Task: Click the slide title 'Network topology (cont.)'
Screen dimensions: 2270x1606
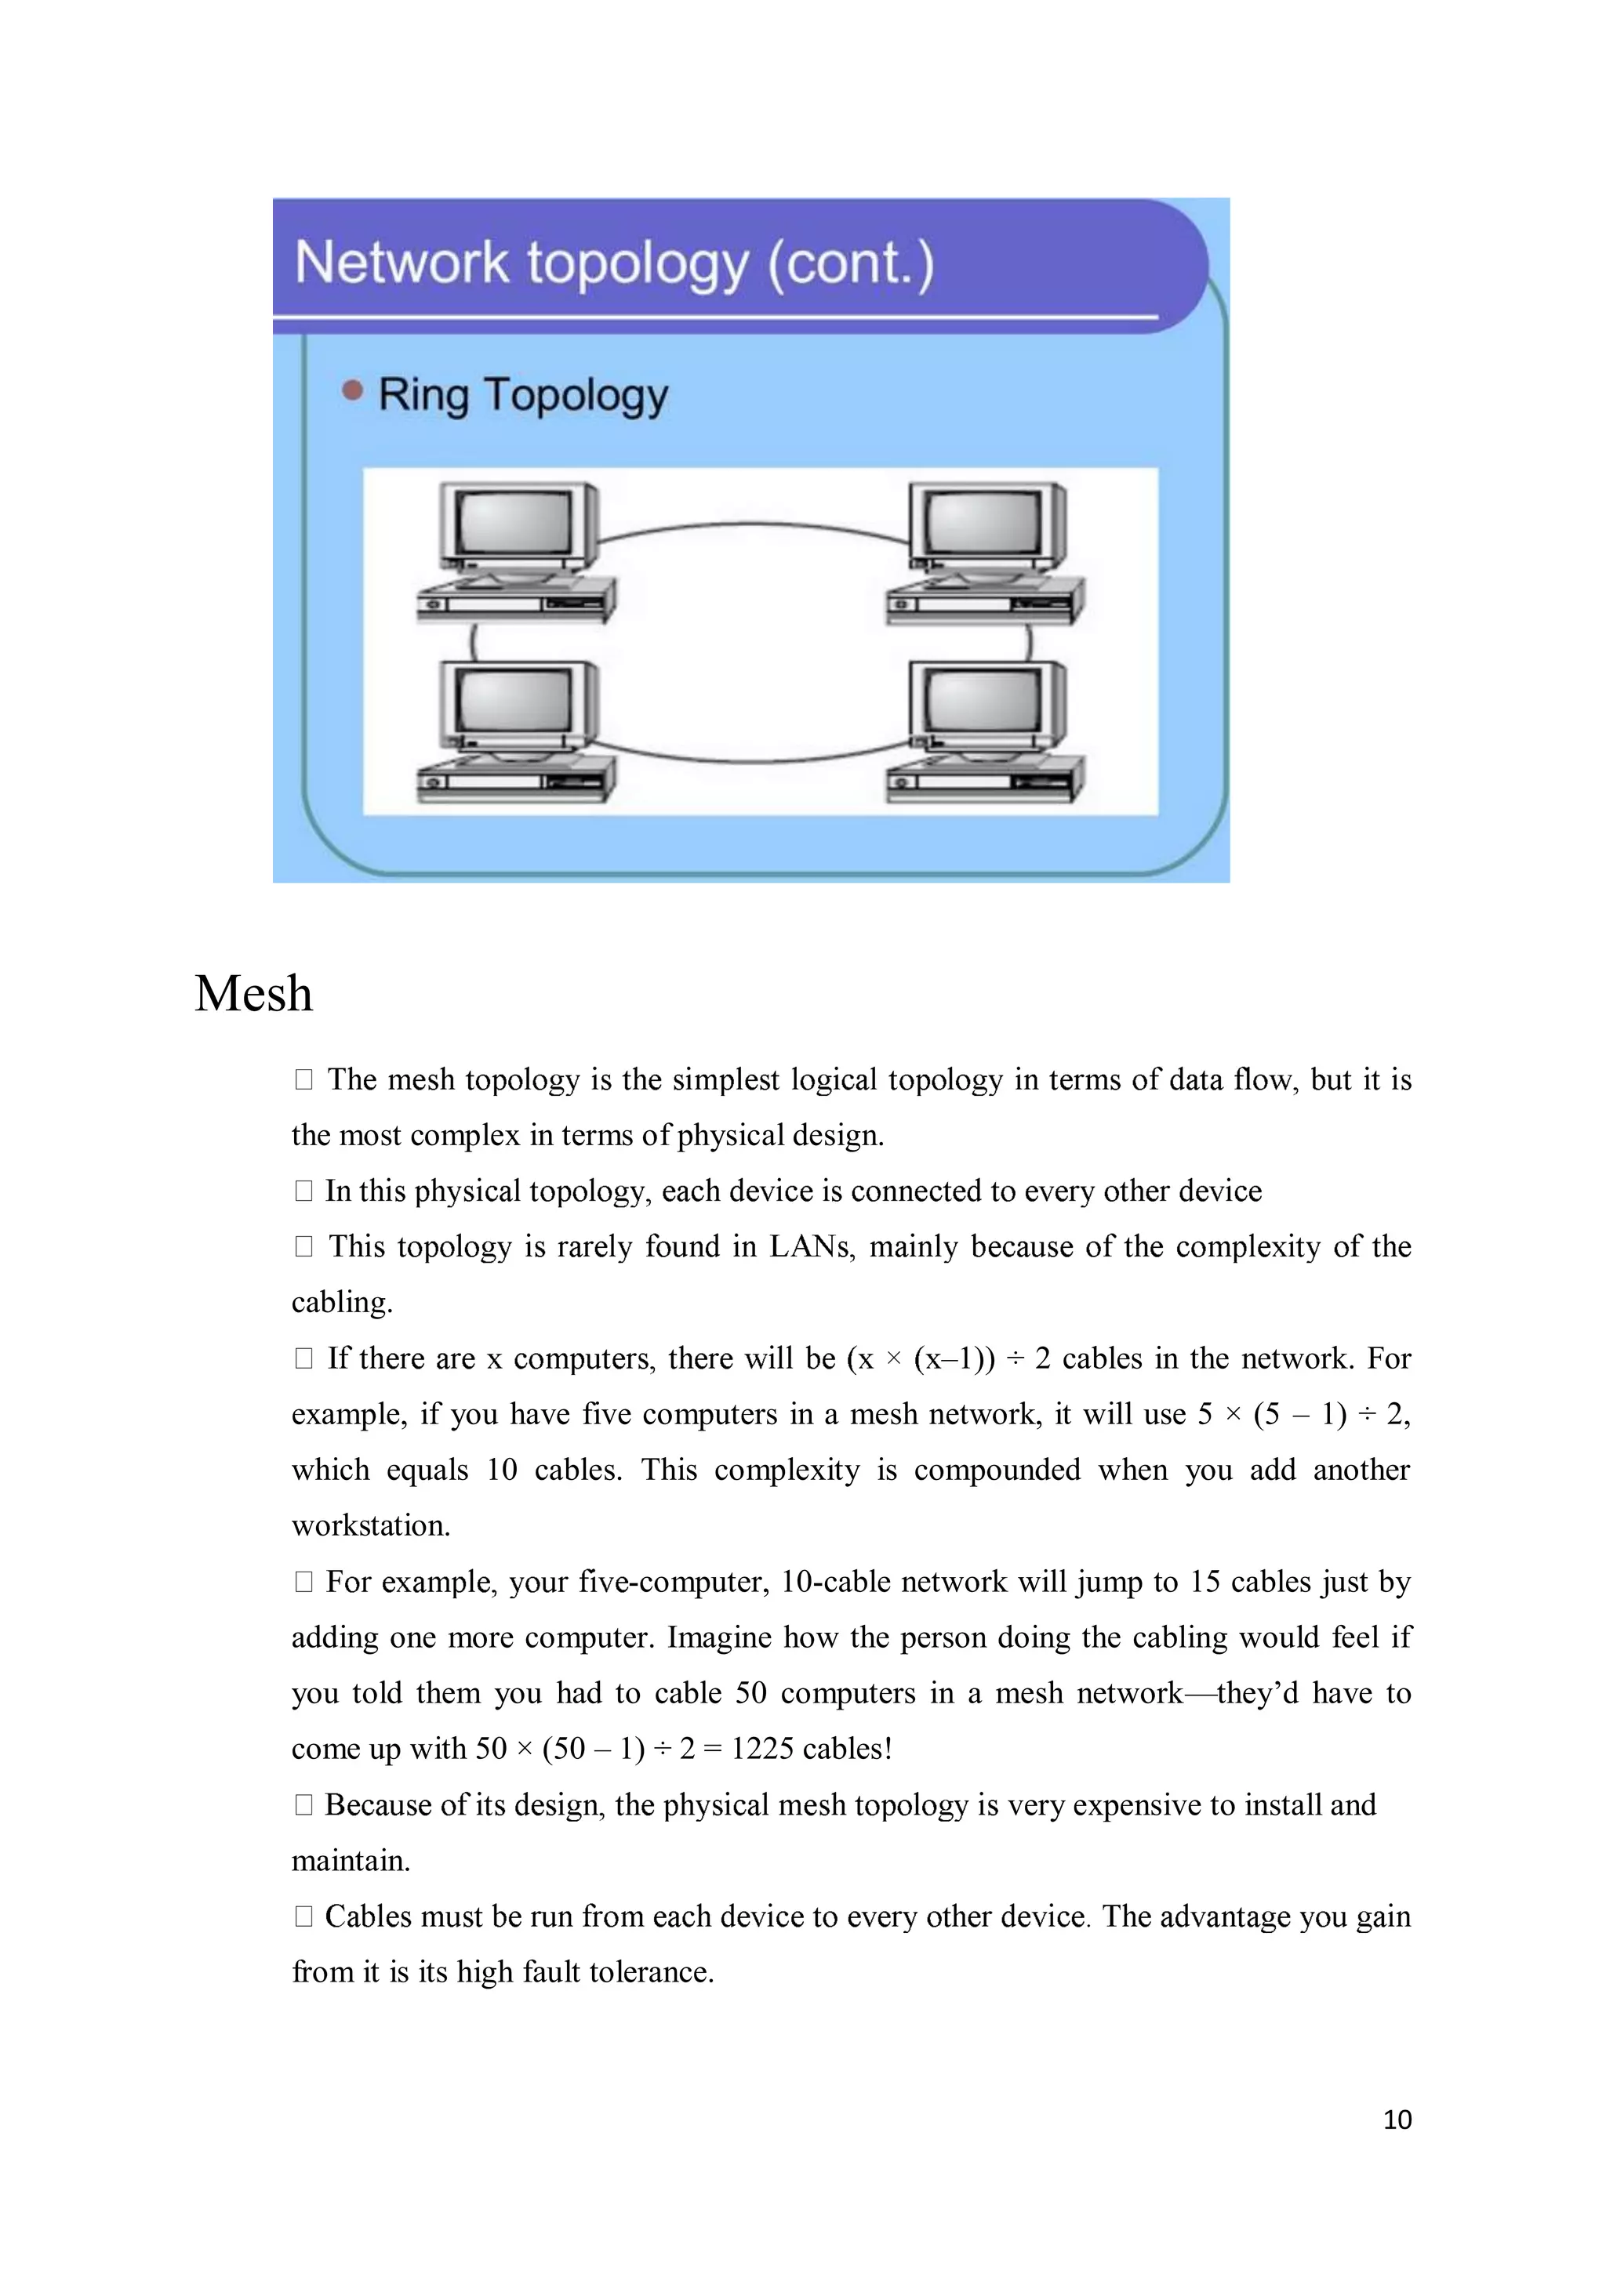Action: tap(613, 263)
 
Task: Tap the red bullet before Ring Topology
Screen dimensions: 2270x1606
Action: tap(352, 390)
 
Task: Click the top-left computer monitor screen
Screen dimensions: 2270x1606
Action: tap(514, 521)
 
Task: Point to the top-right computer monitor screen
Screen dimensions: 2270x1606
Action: tap(983, 521)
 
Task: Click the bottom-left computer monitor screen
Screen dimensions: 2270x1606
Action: tap(514, 700)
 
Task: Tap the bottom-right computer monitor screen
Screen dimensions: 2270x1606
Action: tap(983, 700)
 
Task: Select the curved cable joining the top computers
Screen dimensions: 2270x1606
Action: tap(751, 525)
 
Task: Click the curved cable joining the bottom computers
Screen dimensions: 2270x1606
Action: tap(751, 760)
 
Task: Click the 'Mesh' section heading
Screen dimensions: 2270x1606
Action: tap(253, 994)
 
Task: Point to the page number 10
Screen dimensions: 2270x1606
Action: tap(1397, 2120)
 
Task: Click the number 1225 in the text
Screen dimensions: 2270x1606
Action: tap(762, 1748)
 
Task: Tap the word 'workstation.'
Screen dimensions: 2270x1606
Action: tap(371, 1525)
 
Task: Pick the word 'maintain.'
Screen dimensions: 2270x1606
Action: tap(350, 1860)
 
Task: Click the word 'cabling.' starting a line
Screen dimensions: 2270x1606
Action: tap(342, 1301)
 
